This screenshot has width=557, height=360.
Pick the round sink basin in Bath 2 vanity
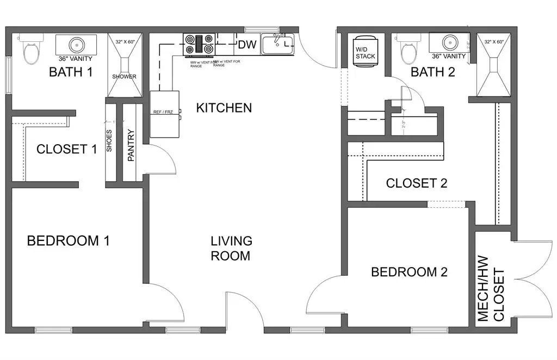click(449, 42)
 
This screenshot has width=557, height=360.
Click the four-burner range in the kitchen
click(200, 45)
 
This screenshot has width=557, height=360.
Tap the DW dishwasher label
click(247, 45)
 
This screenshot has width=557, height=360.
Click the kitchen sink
click(277, 45)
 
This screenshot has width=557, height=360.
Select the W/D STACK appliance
click(365, 51)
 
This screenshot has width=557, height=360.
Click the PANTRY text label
click(131, 145)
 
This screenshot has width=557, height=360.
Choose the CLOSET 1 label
click(66, 149)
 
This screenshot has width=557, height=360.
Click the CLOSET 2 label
click(416, 183)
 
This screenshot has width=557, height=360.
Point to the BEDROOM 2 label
click(409, 272)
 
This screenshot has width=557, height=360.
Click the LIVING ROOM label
click(231, 247)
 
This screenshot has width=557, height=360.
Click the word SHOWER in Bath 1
click(125, 77)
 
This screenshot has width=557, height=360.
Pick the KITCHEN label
click(224, 108)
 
